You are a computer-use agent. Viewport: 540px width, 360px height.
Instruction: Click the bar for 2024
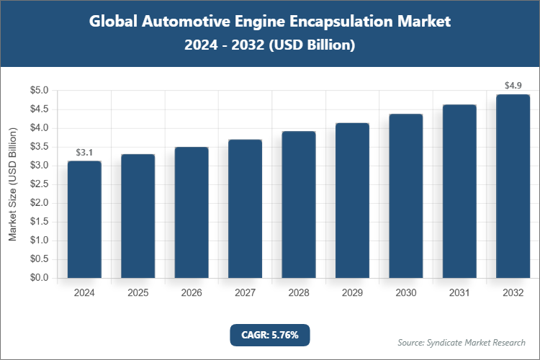click(84, 220)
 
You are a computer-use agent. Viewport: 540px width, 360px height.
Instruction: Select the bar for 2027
click(245, 209)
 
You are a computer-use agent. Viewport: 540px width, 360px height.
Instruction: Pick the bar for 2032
click(513, 186)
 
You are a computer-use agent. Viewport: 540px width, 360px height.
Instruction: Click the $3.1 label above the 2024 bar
click(84, 153)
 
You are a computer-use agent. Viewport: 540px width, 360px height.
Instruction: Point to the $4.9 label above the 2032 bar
click(513, 86)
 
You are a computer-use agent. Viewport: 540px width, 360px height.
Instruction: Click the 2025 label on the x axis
click(138, 294)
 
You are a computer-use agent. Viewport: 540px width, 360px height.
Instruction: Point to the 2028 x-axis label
click(299, 294)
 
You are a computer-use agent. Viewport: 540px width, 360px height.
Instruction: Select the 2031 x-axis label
click(459, 294)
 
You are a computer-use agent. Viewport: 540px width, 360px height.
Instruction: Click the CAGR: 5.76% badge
click(269, 335)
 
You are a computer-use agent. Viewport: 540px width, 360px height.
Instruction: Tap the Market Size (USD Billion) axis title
click(12, 184)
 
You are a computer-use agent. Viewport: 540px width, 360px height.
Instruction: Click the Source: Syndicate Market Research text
click(461, 342)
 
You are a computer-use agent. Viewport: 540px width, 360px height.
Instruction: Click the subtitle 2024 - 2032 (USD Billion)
click(270, 45)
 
